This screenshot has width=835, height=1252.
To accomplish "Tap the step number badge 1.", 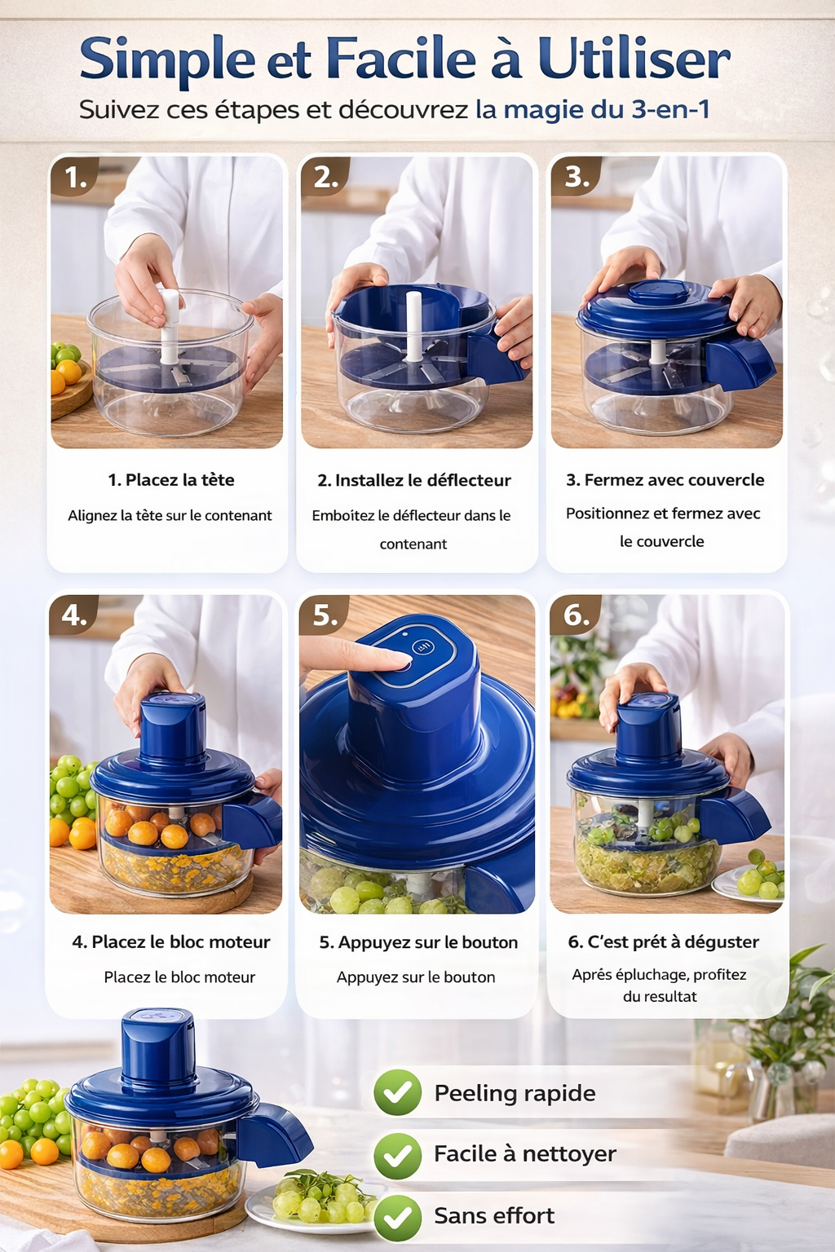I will coord(75,177).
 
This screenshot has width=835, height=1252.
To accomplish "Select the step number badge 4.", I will coord(74,615).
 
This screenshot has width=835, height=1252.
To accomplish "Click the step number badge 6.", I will coord(576,615).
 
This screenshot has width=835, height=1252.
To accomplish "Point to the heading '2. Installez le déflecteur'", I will coord(414,480).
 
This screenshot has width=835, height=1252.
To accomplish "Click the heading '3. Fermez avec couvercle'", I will coord(665,480).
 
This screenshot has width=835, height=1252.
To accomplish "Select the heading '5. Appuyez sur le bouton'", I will coord(418,942).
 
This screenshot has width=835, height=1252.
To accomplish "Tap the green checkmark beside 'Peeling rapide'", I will coord(398,1092).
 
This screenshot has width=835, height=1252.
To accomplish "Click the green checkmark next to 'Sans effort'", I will coord(398,1217).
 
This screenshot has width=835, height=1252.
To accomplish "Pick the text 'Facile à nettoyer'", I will coord(525,1153).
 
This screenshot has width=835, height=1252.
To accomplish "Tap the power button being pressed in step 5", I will coord(422,648).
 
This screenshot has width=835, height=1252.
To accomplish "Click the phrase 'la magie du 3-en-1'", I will coord(592,109).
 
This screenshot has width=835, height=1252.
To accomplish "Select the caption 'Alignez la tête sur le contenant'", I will coord(170,515).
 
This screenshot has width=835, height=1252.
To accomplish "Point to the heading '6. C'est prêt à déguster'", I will coord(663,942).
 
